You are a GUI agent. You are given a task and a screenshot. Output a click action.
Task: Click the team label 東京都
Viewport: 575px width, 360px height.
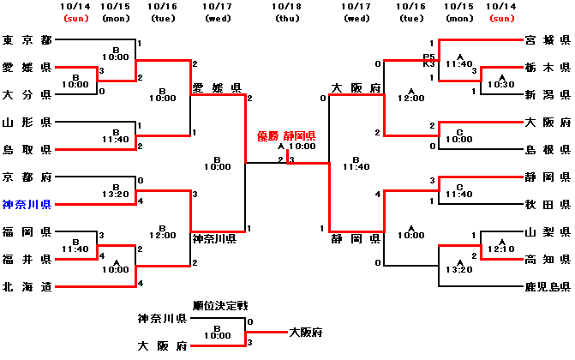(27, 40)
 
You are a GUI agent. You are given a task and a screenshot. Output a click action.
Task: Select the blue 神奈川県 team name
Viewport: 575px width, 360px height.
(27, 204)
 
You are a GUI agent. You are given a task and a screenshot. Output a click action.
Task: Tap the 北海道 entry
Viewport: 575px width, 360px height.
(27, 286)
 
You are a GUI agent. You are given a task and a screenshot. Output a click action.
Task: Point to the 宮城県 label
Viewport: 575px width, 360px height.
(548, 40)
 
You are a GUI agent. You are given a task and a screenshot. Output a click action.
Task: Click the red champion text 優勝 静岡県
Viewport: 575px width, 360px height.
(287, 135)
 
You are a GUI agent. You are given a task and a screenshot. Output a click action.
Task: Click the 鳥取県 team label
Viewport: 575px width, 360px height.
(27, 149)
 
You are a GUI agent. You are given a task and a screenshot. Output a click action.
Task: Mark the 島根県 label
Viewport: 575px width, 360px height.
(548, 149)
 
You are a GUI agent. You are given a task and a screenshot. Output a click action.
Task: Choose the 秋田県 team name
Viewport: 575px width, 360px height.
(548, 204)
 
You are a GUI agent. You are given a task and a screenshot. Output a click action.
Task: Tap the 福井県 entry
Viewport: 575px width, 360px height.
(27, 259)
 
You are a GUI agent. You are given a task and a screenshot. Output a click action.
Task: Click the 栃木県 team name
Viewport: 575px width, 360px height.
(548, 67)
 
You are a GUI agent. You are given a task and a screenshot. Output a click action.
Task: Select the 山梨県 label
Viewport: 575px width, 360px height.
(548, 231)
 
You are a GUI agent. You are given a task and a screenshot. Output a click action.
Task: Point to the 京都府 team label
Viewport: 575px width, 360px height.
(27, 177)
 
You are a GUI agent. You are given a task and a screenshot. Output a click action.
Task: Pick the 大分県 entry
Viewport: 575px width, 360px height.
(27, 94)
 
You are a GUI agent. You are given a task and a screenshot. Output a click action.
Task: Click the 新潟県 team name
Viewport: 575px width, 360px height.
(548, 94)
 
